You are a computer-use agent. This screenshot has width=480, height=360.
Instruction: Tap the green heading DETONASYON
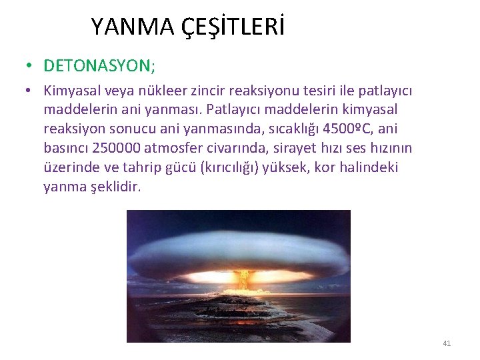99,65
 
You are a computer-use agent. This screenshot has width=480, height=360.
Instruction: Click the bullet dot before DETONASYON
29,65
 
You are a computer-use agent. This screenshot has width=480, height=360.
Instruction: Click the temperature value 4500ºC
330,129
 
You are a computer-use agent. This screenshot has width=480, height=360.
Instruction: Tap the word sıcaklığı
264,129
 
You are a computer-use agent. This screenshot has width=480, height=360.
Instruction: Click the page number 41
447,343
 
